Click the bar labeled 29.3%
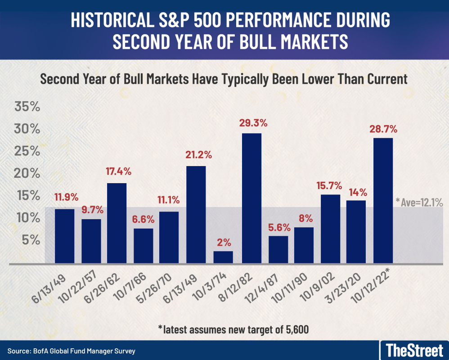[251, 198]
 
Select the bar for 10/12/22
[383, 200]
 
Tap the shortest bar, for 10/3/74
[224, 257]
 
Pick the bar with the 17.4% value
[117, 223]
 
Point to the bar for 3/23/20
[356, 231]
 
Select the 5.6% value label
[278, 226]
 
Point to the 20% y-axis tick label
[27, 174]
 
